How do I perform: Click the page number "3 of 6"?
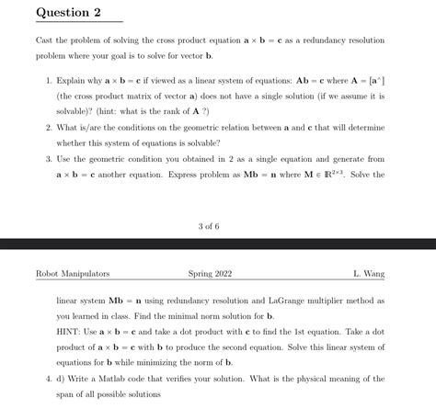pyautogui.click(x=208, y=226)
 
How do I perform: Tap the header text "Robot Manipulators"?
pyautogui.click(x=72, y=274)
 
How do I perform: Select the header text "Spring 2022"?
pyautogui.click(x=211, y=274)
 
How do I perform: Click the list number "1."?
pyautogui.click(x=49, y=81)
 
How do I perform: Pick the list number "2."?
pyautogui.click(x=49, y=129)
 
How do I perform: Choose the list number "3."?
pyautogui.click(x=49, y=159)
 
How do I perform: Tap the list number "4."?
pyautogui.click(x=49, y=379)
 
